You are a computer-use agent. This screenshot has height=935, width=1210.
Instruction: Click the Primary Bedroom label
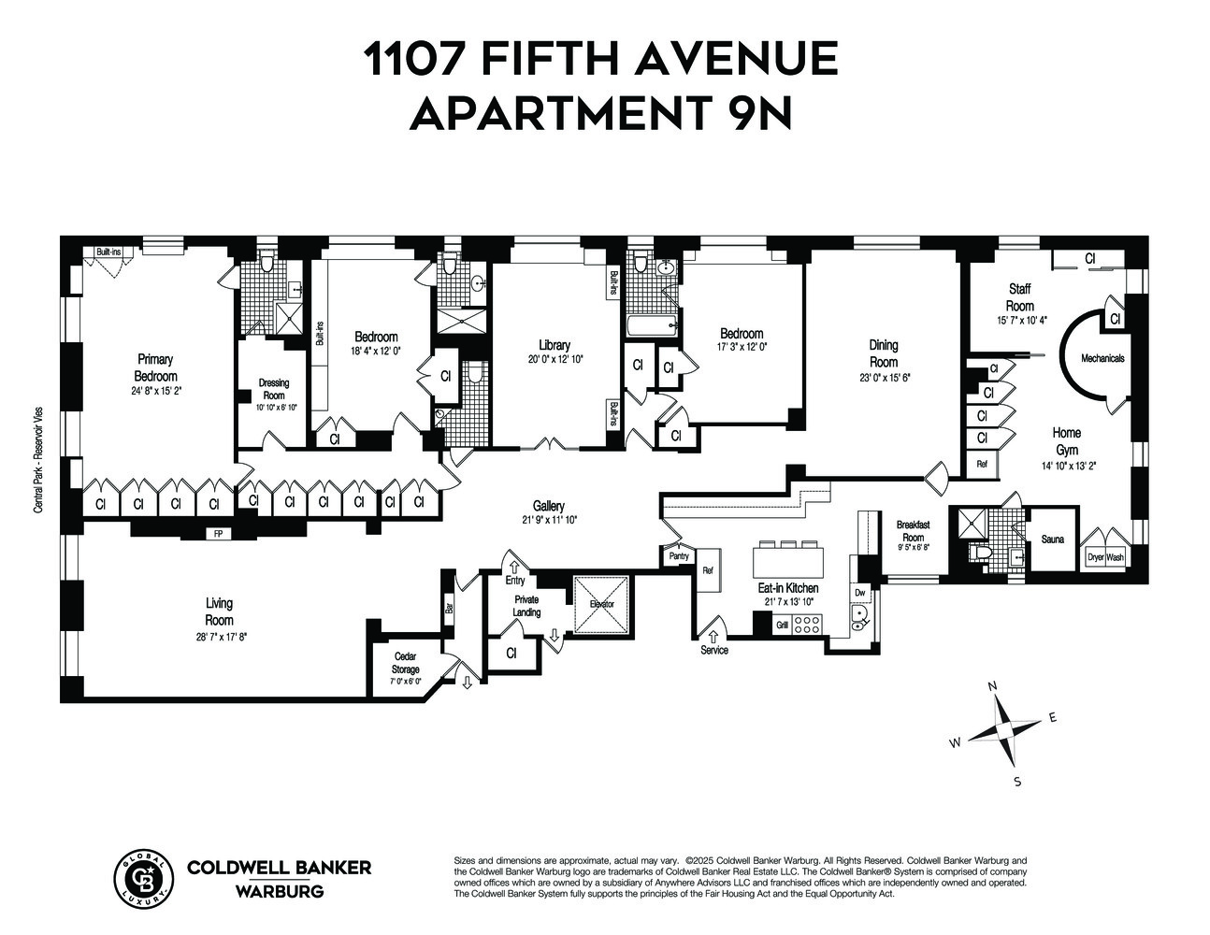click(x=155, y=367)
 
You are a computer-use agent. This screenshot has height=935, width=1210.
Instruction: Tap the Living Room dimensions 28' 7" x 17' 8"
click(x=219, y=637)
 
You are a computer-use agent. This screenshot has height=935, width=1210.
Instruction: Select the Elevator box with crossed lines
click(x=601, y=604)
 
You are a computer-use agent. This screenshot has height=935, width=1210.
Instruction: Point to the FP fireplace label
click(x=218, y=535)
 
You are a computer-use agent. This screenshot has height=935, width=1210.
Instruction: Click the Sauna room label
click(x=1054, y=539)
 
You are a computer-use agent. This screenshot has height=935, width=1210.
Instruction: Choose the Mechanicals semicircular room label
click(x=1102, y=358)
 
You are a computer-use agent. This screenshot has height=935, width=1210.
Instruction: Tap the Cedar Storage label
click(x=405, y=663)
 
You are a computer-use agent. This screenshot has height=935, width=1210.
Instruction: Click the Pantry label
click(x=679, y=556)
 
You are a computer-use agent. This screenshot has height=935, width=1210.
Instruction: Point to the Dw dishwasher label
click(x=859, y=592)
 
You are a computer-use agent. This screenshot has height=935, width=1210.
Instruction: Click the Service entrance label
click(x=713, y=650)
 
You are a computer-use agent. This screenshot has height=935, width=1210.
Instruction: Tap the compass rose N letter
click(x=993, y=687)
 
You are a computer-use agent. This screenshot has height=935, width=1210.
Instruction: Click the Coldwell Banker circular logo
click(x=143, y=878)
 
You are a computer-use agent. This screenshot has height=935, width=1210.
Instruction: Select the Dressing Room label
click(x=273, y=389)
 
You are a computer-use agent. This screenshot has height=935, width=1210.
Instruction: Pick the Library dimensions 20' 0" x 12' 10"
click(x=554, y=360)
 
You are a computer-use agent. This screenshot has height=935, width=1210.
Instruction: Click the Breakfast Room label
click(x=913, y=530)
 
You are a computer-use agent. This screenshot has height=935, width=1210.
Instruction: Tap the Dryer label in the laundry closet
click(x=1095, y=557)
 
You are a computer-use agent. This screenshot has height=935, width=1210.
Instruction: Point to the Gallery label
click(x=549, y=506)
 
